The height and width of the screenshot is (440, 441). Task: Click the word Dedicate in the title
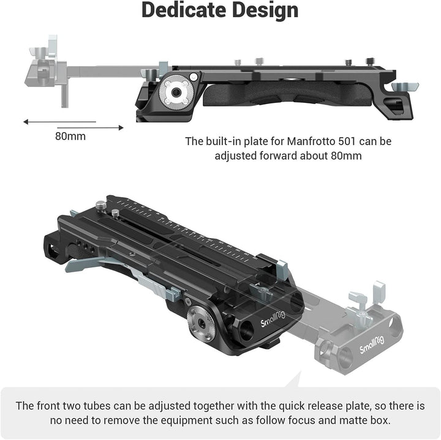click(184, 10)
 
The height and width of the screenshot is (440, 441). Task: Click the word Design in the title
click(265, 11)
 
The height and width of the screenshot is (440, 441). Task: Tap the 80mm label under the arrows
click(70, 136)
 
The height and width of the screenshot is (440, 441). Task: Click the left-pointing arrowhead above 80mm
click(26, 122)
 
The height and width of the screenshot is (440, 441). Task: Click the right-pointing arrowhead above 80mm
click(121, 127)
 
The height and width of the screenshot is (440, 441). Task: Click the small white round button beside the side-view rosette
click(194, 76)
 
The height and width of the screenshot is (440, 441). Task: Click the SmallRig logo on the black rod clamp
click(273, 319)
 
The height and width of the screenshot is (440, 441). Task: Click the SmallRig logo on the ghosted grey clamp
click(372, 345)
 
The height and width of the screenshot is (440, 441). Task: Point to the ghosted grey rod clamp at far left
click(47, 71)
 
